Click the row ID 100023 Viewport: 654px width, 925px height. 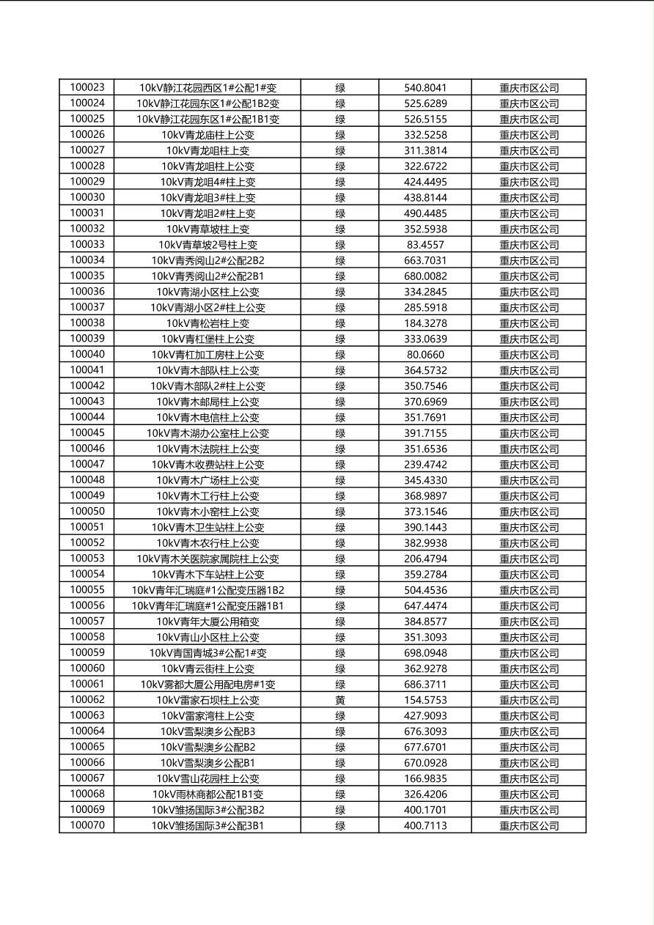[x=87, y=87]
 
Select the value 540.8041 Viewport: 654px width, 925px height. [x=425, y=88]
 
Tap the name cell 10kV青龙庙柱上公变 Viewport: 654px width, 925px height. [x=207, y=135]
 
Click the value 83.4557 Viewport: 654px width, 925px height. [x=425, y=245]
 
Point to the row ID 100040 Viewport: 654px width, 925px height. [x=87, y=354]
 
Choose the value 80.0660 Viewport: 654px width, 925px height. [x=425, y=355]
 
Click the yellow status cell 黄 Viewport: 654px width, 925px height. [x=340, y=700]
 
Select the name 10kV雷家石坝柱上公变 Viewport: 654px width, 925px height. [x=207, y=700]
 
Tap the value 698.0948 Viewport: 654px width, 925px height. [x=425, y=653]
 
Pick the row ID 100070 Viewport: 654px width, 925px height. [x=87, y=825]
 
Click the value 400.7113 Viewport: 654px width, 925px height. [x=425, y=826]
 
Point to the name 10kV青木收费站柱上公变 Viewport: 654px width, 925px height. [x=207, y=465]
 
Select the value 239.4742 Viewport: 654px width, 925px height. [x=425, y=465]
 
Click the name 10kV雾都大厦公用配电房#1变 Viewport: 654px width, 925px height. [x=207, y=685]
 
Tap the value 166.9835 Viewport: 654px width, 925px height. [x=425, y=778]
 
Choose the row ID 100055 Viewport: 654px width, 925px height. [x=87, y=590]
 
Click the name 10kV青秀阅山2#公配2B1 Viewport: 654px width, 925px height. [x=207, y=276]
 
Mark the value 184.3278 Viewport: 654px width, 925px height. [x=425, y=323]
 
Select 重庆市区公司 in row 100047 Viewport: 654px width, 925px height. [x=529, y=465]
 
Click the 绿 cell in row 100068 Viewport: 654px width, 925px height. [x=340, y=795]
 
